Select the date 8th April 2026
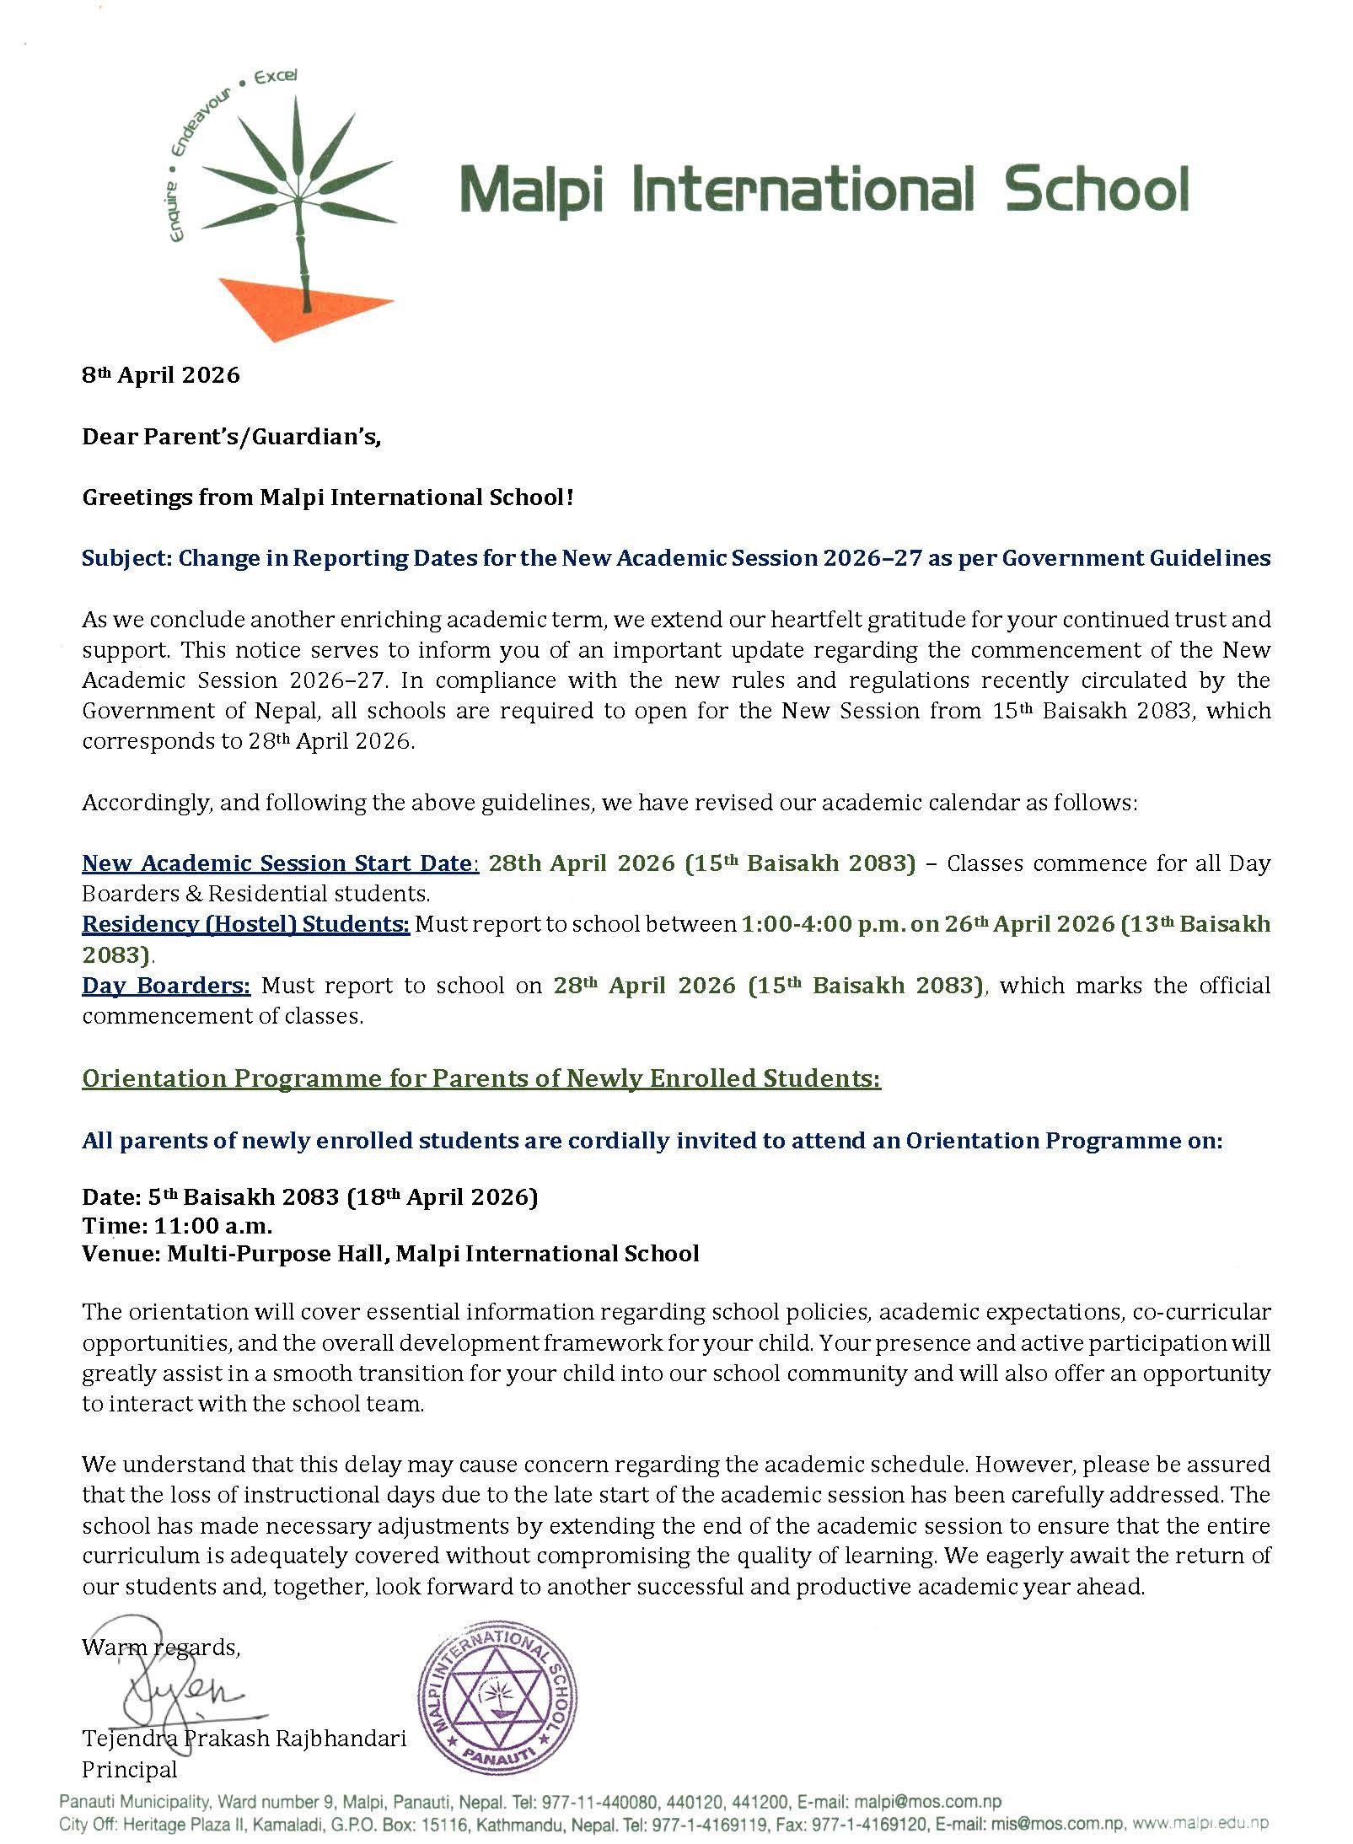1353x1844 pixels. pos(161,375)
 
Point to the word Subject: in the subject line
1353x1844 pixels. pos(126,558)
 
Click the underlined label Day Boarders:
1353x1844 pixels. pos(166,985)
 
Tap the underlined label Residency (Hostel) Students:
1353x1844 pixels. pos(245,924)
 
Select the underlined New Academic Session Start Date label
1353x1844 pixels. pos(278,863)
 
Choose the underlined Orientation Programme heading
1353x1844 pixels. pos(481,1078)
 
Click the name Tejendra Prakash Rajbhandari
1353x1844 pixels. pos(244,1738)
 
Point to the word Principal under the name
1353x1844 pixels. pos(130,1769)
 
